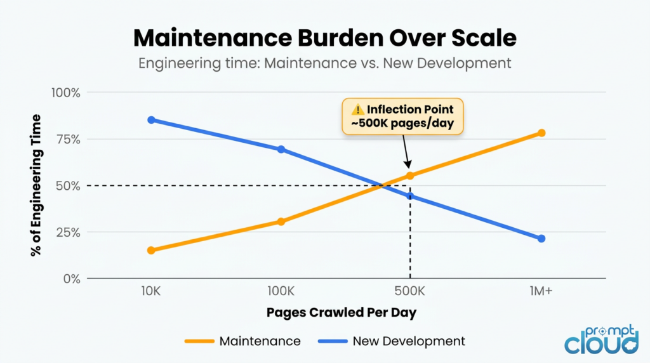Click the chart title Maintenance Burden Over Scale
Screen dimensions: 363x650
click(x=324, y=38)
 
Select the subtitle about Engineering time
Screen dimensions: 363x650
click(x=324, y=63)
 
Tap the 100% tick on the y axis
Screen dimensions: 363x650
click(x=65, y=93)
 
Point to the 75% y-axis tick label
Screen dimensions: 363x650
click(x=67, y=139)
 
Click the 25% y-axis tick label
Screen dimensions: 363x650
click(x=67, y=232)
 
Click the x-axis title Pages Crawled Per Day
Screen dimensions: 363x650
click(x=341, y=312)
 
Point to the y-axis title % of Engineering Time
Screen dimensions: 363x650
click(x=36, y=185)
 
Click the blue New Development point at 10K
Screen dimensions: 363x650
click(x=151, y=120)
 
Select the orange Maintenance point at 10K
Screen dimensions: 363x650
click(x=151, y=250)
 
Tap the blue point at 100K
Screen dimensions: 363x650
click(x=281, y=149)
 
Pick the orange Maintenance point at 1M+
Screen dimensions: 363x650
click(x=541, y=133)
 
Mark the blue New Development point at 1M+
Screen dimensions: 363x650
click(x=541, y=239)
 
